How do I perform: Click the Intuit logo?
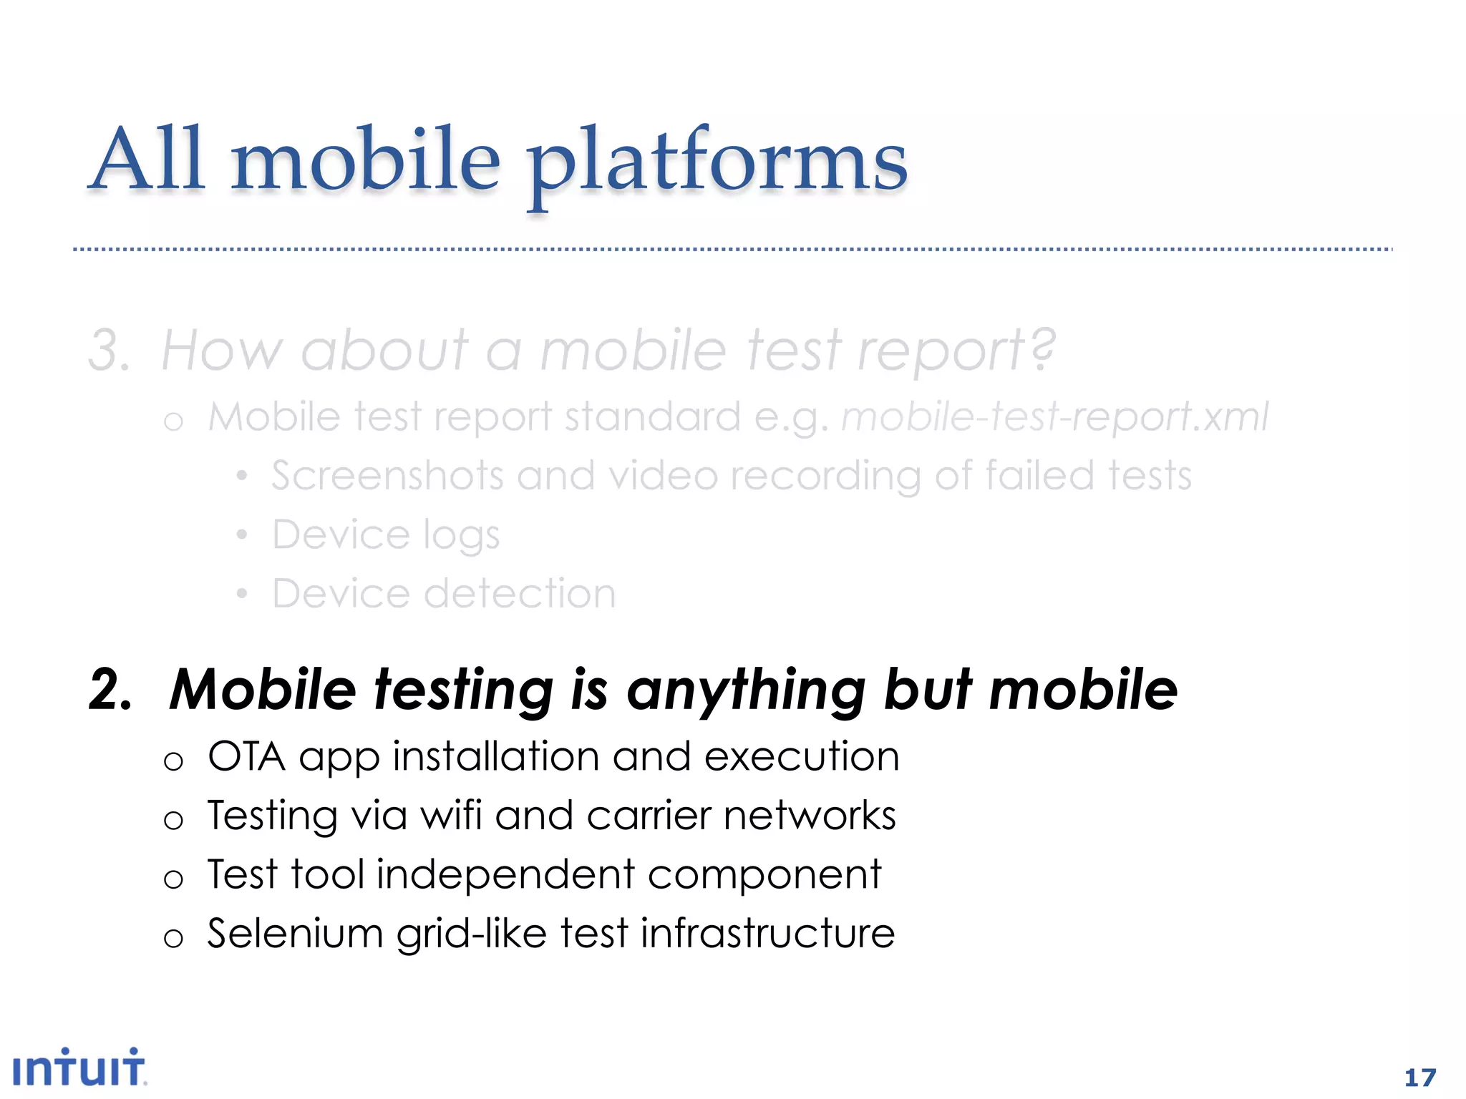79,1068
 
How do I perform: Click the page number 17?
1420,1078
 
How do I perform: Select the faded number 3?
108,351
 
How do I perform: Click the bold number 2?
110,689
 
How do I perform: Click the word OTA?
246,756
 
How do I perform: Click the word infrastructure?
767,933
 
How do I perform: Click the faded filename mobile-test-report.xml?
1054,416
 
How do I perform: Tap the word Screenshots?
387,476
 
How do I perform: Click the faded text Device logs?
386,535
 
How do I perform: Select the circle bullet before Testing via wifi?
173,820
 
